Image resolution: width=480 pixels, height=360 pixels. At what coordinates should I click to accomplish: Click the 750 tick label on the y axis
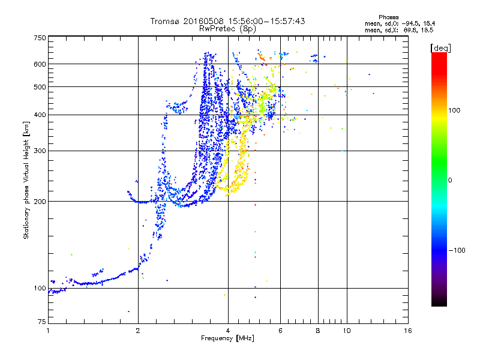click(40, 38)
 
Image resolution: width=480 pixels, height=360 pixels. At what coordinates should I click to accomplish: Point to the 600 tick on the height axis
click(40, 64)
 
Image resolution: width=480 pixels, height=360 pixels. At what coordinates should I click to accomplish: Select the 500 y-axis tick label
click(40, 87)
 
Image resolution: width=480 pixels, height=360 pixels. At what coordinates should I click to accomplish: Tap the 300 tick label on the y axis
click(40, 151)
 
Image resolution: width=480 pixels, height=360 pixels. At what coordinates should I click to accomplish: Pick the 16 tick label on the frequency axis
click(407, 331)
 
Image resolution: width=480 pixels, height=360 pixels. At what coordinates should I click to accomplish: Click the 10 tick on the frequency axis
click(346, 331)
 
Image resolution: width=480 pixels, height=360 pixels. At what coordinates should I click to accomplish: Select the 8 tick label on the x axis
click(318, 331)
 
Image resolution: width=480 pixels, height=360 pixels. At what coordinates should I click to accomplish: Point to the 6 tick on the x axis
click(280, 331)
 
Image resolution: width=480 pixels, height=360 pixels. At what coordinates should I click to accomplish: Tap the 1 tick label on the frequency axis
click(48, 331)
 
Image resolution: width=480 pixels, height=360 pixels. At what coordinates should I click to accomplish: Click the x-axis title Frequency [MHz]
click(227, 338)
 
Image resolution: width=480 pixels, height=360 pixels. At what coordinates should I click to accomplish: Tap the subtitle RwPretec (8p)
click(227, 28)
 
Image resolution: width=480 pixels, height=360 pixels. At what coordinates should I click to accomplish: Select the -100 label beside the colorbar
click(457, 250)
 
